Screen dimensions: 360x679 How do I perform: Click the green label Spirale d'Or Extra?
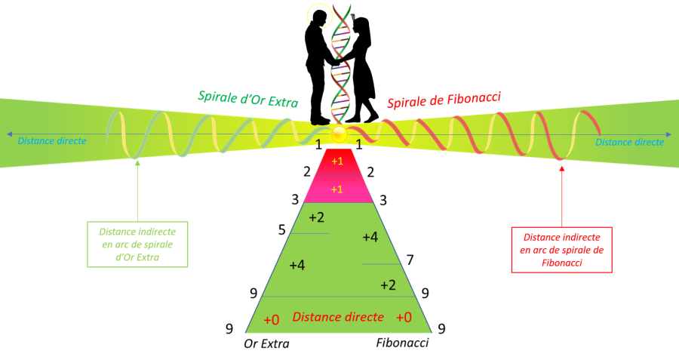[248, 99]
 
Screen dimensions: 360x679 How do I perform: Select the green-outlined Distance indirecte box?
[137, 245]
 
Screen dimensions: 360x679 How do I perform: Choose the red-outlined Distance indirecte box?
[561, 250]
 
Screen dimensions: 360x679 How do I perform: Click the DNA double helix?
[341, 64]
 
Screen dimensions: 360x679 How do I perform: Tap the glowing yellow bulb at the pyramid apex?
[339, 136]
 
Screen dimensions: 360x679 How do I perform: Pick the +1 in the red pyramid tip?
[337, 161]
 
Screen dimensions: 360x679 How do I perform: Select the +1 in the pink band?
[337, 189]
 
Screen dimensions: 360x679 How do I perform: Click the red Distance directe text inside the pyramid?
[338, 317]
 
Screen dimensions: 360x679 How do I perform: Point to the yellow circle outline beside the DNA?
[320, 14]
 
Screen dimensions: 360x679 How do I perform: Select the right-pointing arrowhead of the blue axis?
[668, 135]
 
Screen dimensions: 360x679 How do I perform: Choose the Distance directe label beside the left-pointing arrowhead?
[52, 140]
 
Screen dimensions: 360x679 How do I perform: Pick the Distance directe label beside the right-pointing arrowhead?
[629, 142]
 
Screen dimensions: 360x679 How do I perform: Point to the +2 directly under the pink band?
[317, 218]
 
